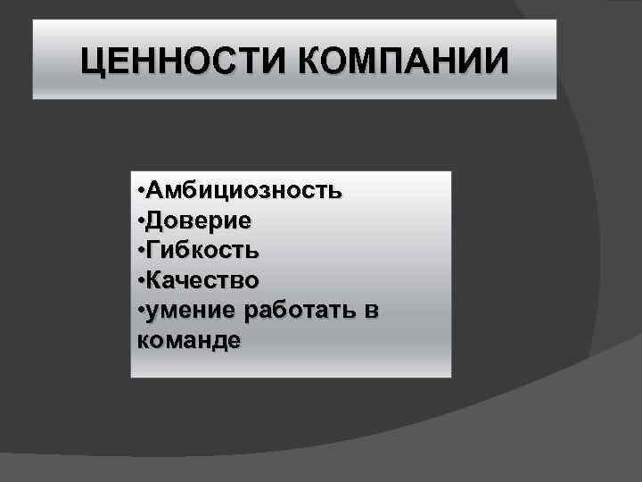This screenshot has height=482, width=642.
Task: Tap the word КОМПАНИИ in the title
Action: tap(402, 62)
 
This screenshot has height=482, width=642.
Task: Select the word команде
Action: tap(190, 340)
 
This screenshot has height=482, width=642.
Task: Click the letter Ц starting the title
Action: tap(91, 63)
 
